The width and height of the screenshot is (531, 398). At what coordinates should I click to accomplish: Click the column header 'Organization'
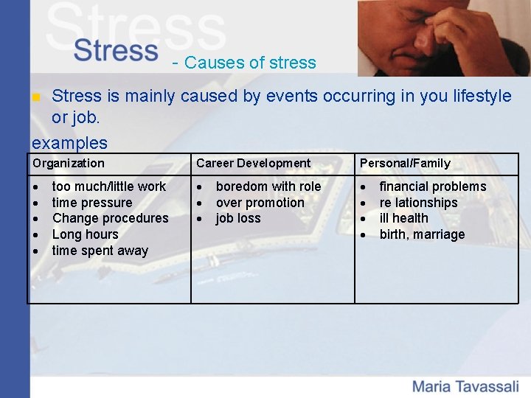pyautogui.click(x=69, y=164)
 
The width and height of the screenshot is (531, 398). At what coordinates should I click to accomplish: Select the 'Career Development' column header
pyautogui.click(x=253, y=164)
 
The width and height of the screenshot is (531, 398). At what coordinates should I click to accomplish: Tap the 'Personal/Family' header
pyautogui.click(x=405, y=164)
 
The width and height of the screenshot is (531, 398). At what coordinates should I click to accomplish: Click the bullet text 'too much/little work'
pyautogui.click(x=109, y=186)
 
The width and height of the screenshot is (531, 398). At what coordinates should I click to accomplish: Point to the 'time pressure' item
pyautogui.click(x=92, y=203)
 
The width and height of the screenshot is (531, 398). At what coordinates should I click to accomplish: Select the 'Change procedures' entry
pyautogui.click(x=111, y=218)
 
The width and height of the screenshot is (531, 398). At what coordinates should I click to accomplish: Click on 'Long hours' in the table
pyautogui.click(x=86, y=234)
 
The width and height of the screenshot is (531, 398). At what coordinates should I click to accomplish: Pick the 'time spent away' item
pyautogui.click(x=100, y=251)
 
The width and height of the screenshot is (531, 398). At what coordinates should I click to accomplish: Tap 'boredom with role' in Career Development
pyautogui.click(x=268, y=186)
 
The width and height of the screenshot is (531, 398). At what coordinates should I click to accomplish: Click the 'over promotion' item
pyautogui.click(x=260, y=203)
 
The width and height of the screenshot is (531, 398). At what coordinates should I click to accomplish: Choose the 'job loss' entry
pyautogui.click(x=238, y=218)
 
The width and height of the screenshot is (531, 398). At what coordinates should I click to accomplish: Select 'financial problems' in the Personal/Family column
pyautogui.click(x=433, y=186)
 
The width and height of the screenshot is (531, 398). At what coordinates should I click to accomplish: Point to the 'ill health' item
pyautogui.click(x=403, y=218)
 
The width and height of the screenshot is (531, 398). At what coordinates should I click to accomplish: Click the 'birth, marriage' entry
pyautogui.click(x=422, y=234)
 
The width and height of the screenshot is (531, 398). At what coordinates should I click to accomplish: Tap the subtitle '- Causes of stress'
pyautogui.click(x=243, y=63)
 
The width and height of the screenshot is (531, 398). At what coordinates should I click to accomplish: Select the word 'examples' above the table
pyautogui.click(x=69, y=142)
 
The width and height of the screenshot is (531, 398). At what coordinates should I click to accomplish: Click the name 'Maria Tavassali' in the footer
pyautogui.click(x=465, y=385)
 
